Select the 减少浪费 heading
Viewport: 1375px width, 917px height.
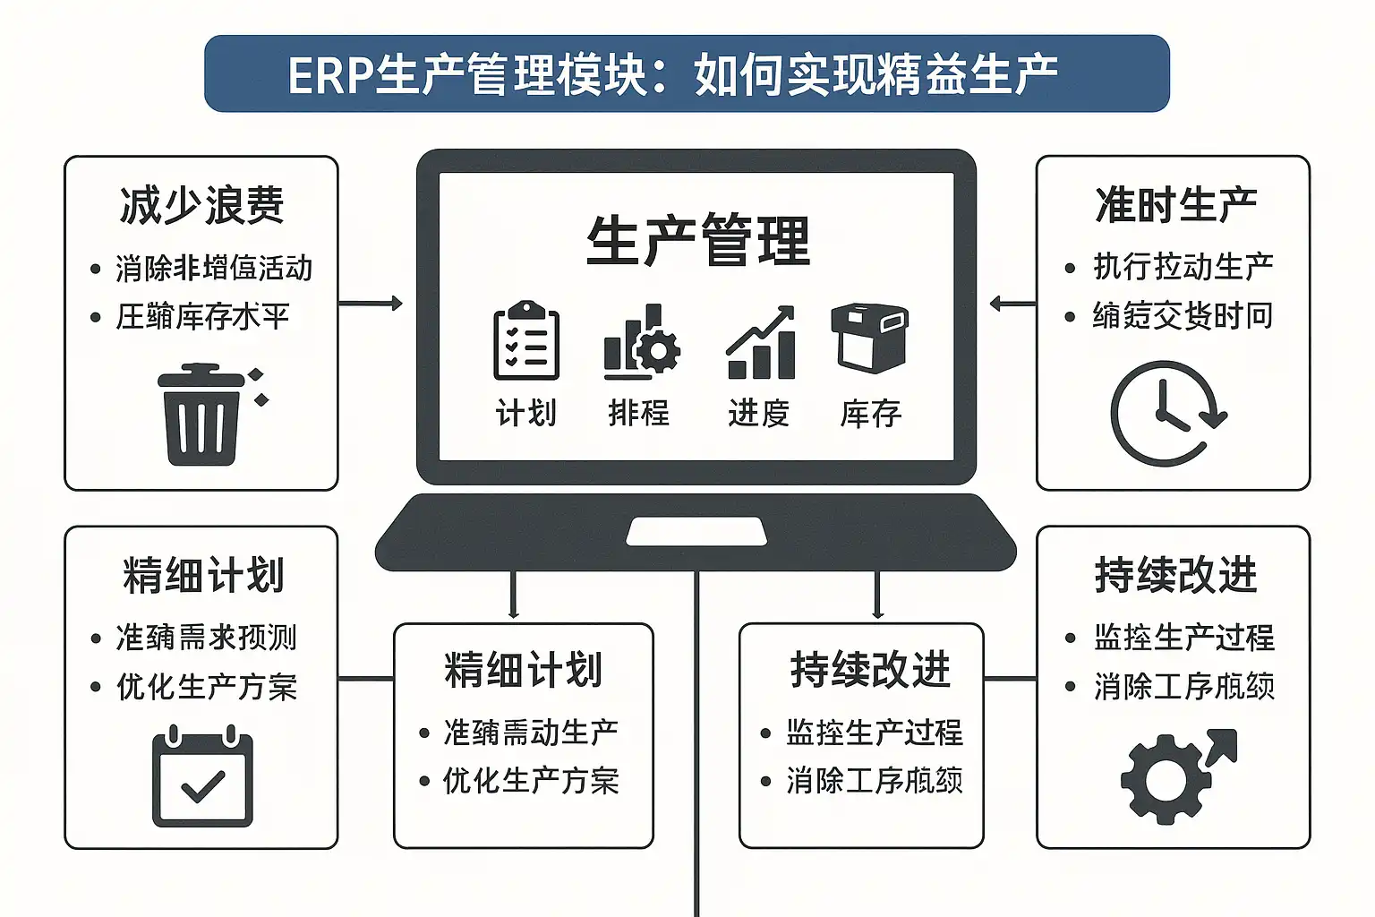pos(201,205)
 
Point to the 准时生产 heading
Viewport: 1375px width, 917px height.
pos(1174,205)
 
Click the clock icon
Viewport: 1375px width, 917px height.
pos(1165,414)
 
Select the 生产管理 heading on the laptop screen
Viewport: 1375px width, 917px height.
pos(698,241)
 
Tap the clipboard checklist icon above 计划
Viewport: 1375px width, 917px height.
pos(526,341)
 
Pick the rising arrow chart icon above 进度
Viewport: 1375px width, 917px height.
pos(760,344)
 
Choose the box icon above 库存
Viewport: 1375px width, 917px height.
pos(869,338)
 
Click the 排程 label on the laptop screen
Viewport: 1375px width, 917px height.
pos(639,413)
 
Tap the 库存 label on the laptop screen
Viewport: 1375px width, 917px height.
pos(870,413)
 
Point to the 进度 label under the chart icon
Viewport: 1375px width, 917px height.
pos(758,413)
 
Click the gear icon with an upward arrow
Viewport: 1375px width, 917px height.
pos(1174,774)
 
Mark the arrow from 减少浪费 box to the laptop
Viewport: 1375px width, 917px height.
pos(370,304)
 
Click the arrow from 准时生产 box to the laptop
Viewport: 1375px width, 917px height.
pos(1012,304)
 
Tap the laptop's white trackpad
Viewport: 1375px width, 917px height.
pos(696,531)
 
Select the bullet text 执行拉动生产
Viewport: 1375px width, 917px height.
pos(1183,267)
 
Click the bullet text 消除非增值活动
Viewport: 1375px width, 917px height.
pos(214,268)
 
